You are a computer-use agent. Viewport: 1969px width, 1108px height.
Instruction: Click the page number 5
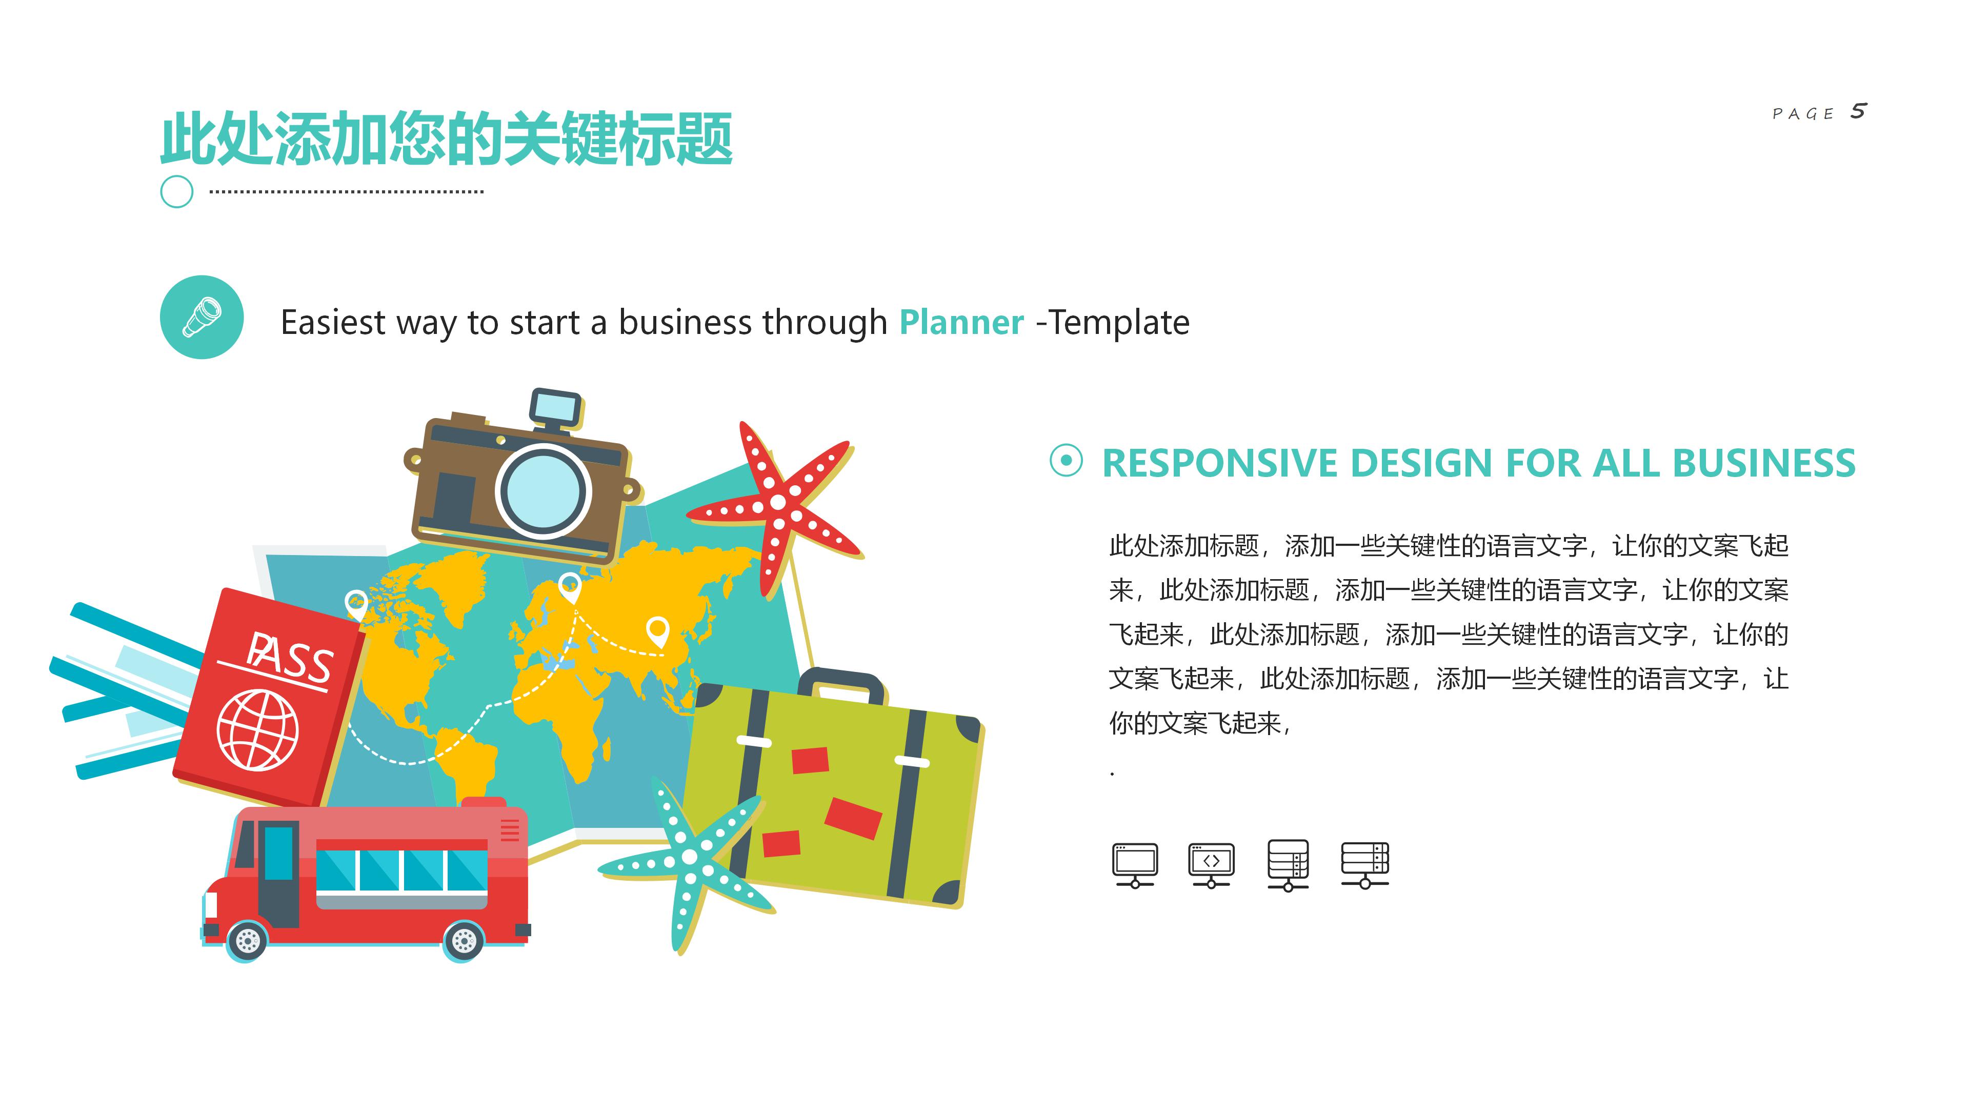pos(1858,112)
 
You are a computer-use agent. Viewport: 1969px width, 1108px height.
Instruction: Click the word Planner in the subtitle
pos(961,323)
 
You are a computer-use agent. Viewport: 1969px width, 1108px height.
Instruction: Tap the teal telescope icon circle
pos(202,318)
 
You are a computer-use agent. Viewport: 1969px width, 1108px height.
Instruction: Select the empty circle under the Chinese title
pos(176,192)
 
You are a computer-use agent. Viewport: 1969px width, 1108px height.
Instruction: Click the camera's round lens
pos(544,491)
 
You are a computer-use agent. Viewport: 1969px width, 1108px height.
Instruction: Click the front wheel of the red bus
pos(247,941)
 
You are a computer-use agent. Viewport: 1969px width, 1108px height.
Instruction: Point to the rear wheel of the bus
pos(463,941)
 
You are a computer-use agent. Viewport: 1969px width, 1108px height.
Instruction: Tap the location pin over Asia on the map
pos(657,631)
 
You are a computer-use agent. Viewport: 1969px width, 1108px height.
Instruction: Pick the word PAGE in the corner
pos(1803,114)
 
